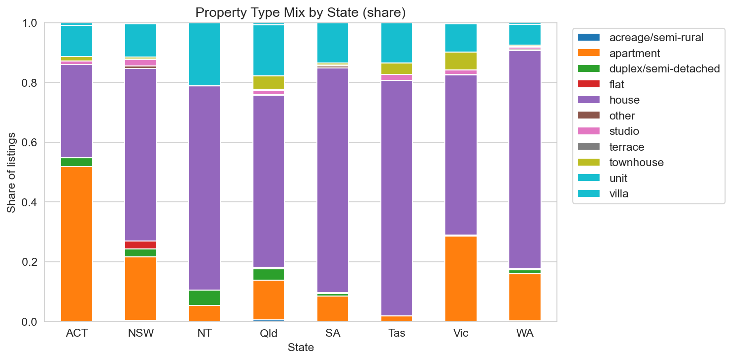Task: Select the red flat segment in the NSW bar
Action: pyautogui.click(x=140, y=245)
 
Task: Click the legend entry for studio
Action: pyautogui.click(x=624, y=131)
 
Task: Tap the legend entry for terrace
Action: pyautogui.click(x=627, y=147)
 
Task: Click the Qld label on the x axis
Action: pyautogui.click(x=268, y=333)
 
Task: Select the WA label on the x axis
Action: pyautogui.click(x=525, y=333)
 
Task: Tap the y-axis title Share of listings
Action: pyautogui.click(x=11, y=173)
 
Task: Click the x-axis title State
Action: pyautogui.click(x=301, y=348)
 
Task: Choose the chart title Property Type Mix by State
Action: pyautogui.click(x=301, y=12)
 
